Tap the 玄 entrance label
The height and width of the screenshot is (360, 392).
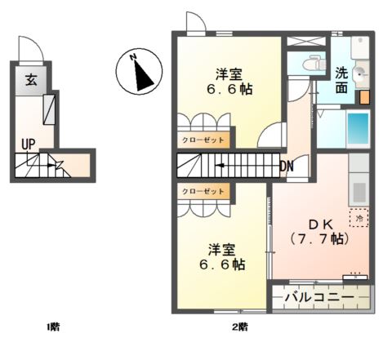click(30, 80)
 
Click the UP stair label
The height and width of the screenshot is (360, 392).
click(29, 144)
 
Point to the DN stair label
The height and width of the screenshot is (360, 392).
click(287, 167)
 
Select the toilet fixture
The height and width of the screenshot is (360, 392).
click(312, 63)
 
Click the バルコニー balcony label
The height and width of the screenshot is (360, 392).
click(320, 297)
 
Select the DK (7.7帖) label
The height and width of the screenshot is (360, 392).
click(319, 232)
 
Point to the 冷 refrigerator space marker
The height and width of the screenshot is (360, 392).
click(359, 218)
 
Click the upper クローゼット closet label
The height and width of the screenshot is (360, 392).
click(203, 140)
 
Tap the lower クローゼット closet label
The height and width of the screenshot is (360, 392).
click(203, 191)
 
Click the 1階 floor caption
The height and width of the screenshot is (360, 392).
click(52, 327)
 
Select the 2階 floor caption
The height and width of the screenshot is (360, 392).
click(239, 327)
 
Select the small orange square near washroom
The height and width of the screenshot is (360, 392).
click(365, 96)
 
